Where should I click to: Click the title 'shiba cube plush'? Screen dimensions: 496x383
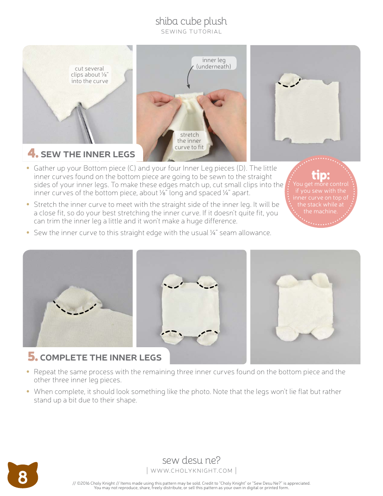191,21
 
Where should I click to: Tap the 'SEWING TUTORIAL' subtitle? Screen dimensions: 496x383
191,32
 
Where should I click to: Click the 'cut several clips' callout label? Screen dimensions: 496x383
90,75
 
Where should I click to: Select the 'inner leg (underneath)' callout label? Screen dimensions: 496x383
214,63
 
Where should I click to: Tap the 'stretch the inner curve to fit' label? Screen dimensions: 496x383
189,141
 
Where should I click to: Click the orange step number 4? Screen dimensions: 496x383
33,154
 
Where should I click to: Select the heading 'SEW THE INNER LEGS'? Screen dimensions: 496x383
87,154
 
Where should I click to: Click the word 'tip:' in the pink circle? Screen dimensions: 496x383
321,175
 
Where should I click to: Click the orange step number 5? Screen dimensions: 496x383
33,357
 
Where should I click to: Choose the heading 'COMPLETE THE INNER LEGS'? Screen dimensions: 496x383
101,358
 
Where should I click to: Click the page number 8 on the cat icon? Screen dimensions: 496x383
23,478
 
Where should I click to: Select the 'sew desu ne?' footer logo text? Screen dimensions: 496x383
191,460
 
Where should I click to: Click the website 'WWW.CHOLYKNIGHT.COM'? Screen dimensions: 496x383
191,471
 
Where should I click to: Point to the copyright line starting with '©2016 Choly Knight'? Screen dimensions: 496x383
191,483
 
